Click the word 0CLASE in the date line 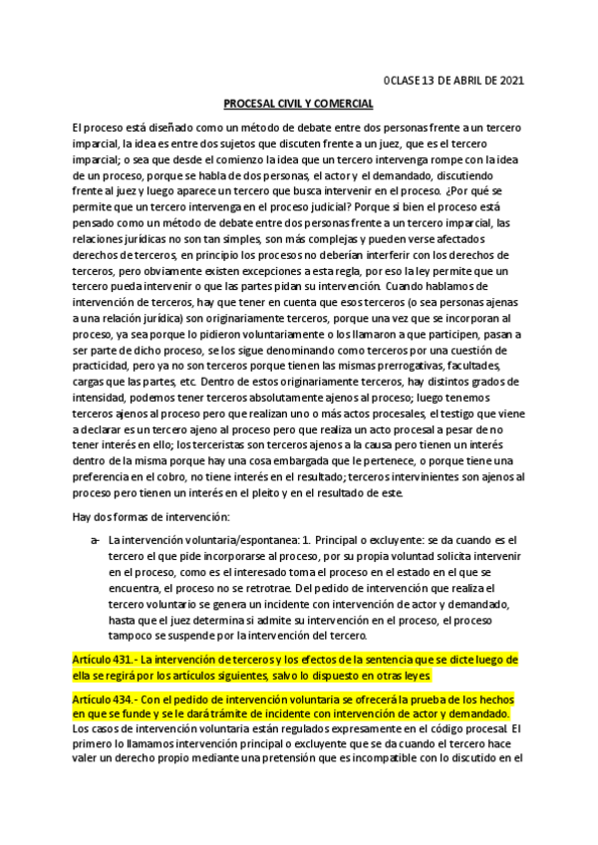pos(402,81)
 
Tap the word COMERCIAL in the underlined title pos(342,104)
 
